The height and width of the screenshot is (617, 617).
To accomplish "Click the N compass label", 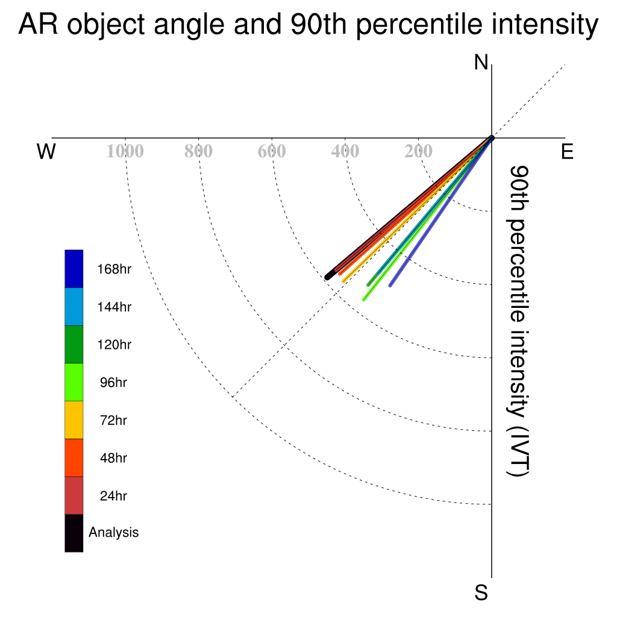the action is tap(481, 63).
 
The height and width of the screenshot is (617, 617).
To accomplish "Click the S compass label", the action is tap(481, 592).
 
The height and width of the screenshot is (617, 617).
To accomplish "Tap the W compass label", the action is tap(46, 151).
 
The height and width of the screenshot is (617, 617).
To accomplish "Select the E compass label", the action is tap(567, 151).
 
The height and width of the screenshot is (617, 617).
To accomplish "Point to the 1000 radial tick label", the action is tap(125, 151).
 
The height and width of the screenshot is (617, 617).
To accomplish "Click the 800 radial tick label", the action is tap(198, 151).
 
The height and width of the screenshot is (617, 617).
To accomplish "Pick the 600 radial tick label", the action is tap(272, 151).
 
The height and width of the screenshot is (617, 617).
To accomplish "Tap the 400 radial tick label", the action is tap(345, 151).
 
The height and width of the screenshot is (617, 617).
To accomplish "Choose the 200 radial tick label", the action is tap(418, 151).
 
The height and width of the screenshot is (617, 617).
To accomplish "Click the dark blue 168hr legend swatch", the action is tap(74, 269).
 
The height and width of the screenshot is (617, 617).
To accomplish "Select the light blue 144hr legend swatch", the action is tap(74, 307).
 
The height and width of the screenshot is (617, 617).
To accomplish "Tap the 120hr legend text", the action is tap(114, 345).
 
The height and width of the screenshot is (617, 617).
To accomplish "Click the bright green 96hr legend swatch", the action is tap(74, 382).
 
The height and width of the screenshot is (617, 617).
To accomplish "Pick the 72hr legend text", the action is tap(113, 420).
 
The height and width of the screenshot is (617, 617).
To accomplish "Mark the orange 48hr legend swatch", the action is tap(74, 458).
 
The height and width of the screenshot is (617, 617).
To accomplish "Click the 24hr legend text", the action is tap(113, 496).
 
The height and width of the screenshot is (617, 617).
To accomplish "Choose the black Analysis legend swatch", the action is tap(74, 533).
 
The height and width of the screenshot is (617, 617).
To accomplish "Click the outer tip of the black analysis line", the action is tap(327, 277).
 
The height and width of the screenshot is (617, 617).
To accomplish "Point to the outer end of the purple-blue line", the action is tap(390, 286).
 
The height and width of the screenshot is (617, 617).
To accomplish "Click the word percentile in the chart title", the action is tap(419, 24).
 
